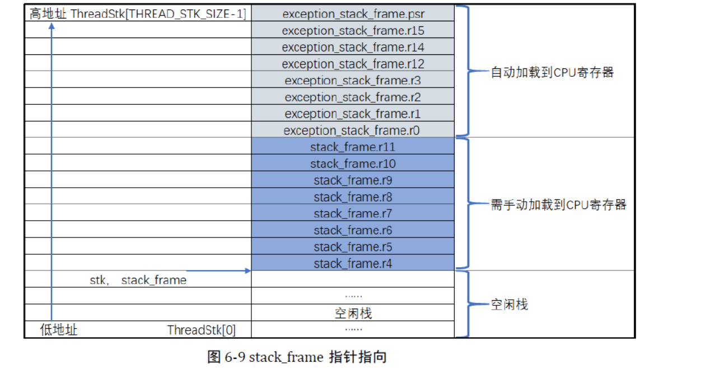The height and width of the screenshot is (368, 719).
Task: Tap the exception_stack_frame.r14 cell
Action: [x=353, y=48]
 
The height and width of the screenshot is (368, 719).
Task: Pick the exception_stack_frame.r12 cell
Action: [x=353, y=64]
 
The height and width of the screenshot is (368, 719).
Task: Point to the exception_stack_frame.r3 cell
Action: [x=353, y=81]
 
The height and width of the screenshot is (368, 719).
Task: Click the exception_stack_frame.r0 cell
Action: [x=353, y=131]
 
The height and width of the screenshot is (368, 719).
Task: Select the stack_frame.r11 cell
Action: [x=353, y=147]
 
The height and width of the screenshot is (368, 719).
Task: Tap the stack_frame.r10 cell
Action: [x=353, y=164]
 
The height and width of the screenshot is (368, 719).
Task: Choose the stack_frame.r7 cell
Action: [x=353, y=213]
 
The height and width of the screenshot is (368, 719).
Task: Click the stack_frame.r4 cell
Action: [x=353, y=263]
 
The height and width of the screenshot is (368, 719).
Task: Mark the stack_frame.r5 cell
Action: [x=353, y=247]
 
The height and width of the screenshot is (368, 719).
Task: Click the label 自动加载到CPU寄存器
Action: [x=552, y=72]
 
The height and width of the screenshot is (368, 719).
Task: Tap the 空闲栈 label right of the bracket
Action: [x=510, y=305]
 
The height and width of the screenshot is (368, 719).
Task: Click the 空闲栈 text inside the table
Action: [x=353, y=313]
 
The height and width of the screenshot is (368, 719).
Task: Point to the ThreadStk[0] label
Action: [x=202, y=330]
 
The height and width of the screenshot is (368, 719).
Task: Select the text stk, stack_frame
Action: [x=138, y=280]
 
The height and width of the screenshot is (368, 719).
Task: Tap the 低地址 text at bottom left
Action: [x=59, y=330]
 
